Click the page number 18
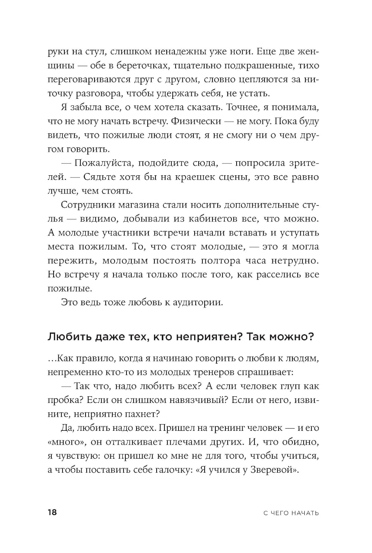tap(52, 513)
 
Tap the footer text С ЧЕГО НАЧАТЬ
tap(291, 513)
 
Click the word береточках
tap(144, 66)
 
